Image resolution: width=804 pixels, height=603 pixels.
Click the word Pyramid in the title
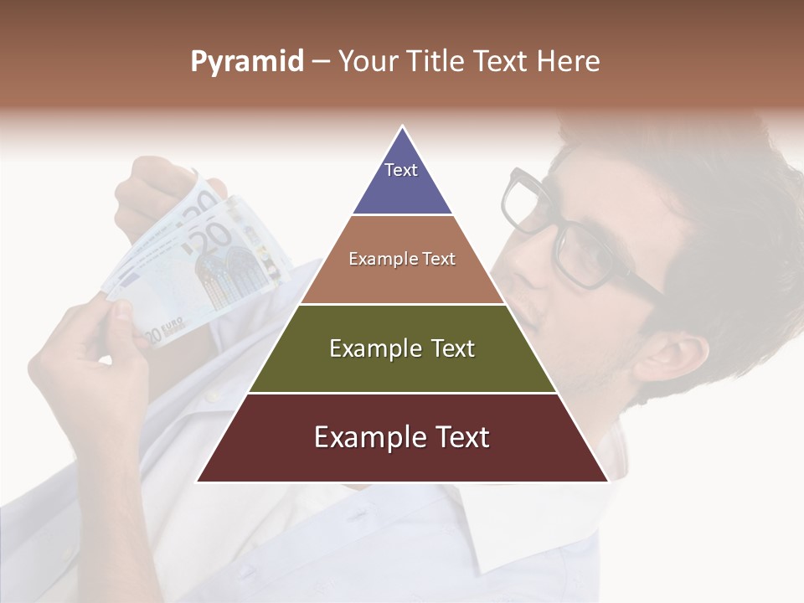point(246,62)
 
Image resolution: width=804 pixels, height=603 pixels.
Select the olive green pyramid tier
point(403,368)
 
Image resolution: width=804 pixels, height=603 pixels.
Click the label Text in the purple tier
point(401,170)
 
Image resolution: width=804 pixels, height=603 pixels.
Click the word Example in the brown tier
point(380,259)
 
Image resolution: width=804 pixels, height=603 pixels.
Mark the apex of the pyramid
point(403,127)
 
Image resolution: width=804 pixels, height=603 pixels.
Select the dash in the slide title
point(321,62)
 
